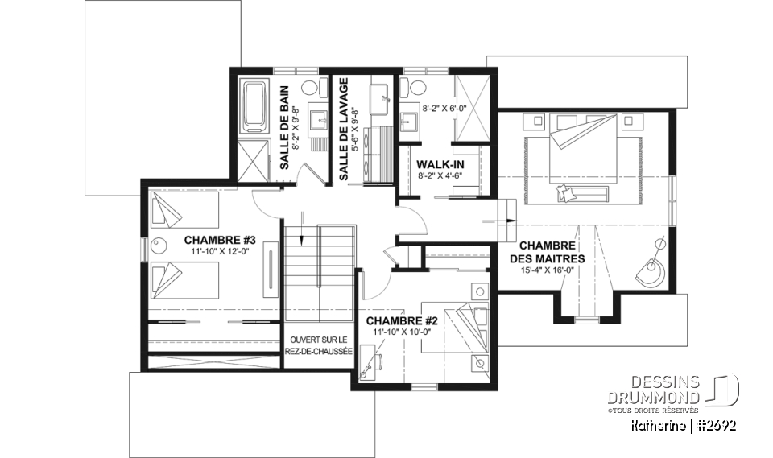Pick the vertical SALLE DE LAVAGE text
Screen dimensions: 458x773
(x=344, y=129)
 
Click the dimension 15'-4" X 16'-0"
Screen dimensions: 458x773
(x=547, y=271)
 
